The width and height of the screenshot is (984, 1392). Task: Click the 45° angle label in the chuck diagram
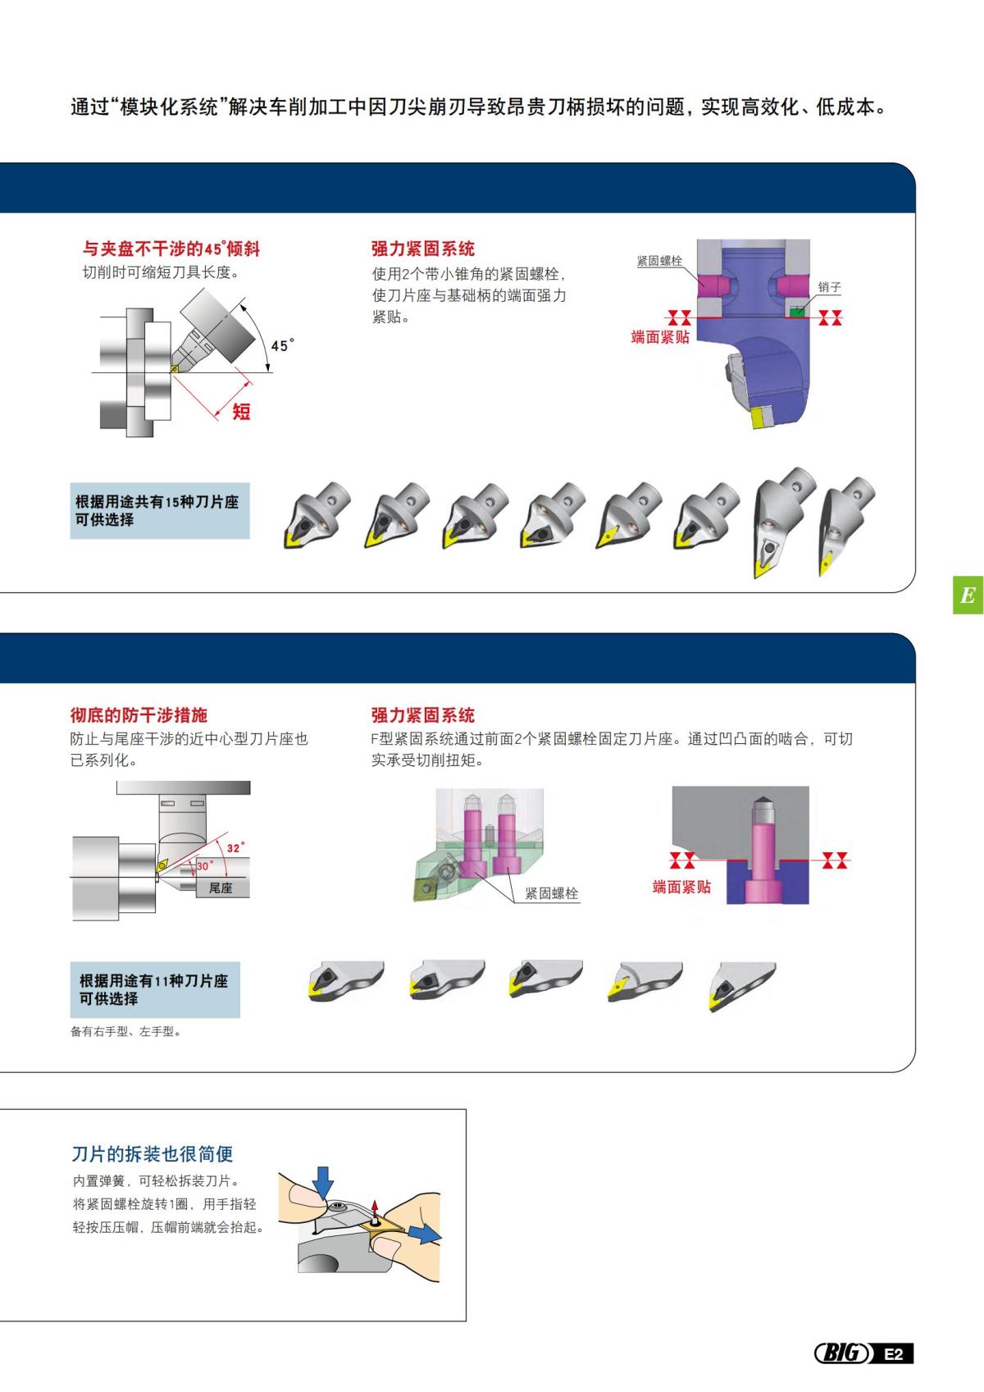point(280,345)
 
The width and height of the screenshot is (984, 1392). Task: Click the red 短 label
point(241,411)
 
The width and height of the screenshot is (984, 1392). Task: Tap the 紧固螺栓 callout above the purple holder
point(659,261)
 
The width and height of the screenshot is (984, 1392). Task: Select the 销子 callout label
point(829,287)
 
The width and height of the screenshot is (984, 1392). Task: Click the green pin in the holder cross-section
point(795,311)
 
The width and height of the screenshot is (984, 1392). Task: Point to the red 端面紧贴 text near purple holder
point(660,337)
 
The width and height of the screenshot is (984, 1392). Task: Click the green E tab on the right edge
point(968,596)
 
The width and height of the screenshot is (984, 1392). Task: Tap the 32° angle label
point(235,848)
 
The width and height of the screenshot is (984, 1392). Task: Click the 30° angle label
point(204,865)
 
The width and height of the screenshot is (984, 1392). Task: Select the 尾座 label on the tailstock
point(221,888)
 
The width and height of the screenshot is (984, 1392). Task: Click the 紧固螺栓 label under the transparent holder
point(551,893)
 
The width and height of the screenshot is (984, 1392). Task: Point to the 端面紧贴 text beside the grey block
point(681,887)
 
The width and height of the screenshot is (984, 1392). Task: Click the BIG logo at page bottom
point(841,1353)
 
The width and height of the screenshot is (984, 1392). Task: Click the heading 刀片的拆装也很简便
point(153,1154)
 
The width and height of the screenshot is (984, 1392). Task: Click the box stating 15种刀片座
point(160,511)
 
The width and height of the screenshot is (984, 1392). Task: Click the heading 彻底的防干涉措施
point(139,715)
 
